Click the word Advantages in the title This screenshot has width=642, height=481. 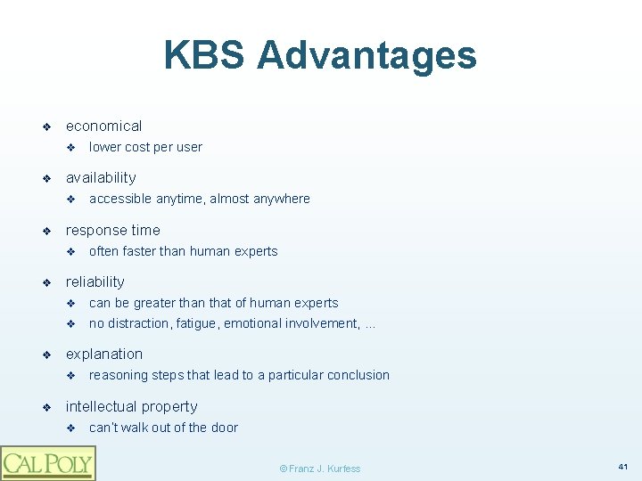click(366, 55)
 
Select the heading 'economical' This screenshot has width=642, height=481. click(103, 126)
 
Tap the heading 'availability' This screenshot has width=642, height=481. click(101, 177)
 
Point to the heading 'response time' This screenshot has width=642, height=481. click(113, 230)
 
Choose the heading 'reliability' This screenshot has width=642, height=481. click(95, 281)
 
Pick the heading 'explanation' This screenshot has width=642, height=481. click(104, 354)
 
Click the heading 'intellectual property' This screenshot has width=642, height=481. click(132, 406)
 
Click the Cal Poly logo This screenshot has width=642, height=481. click(47, 462)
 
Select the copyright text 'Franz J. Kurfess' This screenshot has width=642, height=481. click(325, 468)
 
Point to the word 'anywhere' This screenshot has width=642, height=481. click(283, 199)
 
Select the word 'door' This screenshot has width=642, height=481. click(224, 428)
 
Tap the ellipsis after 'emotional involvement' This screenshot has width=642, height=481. click(370, 324)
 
